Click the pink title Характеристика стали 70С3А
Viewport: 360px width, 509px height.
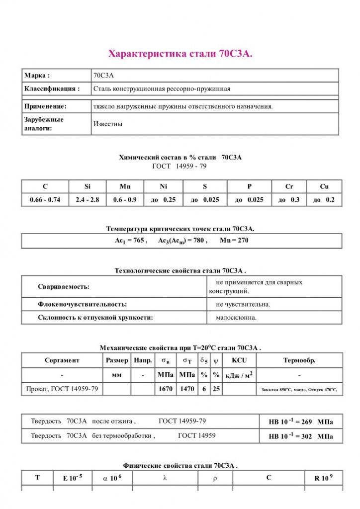180,54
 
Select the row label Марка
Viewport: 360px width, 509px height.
37,76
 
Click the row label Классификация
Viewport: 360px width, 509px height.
52,89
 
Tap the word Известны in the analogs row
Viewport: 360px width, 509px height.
108,124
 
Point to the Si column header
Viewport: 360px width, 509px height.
88,187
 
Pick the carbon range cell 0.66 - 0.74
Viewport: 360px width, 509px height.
45,200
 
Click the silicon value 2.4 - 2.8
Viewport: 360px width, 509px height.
88,200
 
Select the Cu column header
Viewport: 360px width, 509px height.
324,187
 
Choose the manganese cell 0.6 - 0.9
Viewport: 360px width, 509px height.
125,200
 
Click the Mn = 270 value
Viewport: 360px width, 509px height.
234,241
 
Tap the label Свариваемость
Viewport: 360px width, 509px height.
64,287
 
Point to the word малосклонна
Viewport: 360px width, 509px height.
236,318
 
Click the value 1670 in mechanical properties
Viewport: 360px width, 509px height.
166,389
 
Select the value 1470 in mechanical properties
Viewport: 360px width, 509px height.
187,389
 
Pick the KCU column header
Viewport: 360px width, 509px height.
239,360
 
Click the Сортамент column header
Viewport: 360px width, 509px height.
62,360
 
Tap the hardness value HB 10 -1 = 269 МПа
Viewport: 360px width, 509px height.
301,422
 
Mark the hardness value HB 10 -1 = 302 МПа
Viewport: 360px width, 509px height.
301,436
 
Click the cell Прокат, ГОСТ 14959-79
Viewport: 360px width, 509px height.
62,389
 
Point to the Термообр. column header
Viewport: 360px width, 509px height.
299,360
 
